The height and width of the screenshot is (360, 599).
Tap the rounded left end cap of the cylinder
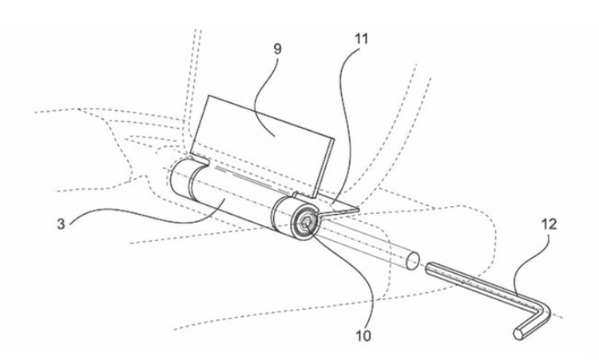pyautogui.click(x=177, y=177)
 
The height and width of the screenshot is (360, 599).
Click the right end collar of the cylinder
pyautogui.click(x=289, y=217)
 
